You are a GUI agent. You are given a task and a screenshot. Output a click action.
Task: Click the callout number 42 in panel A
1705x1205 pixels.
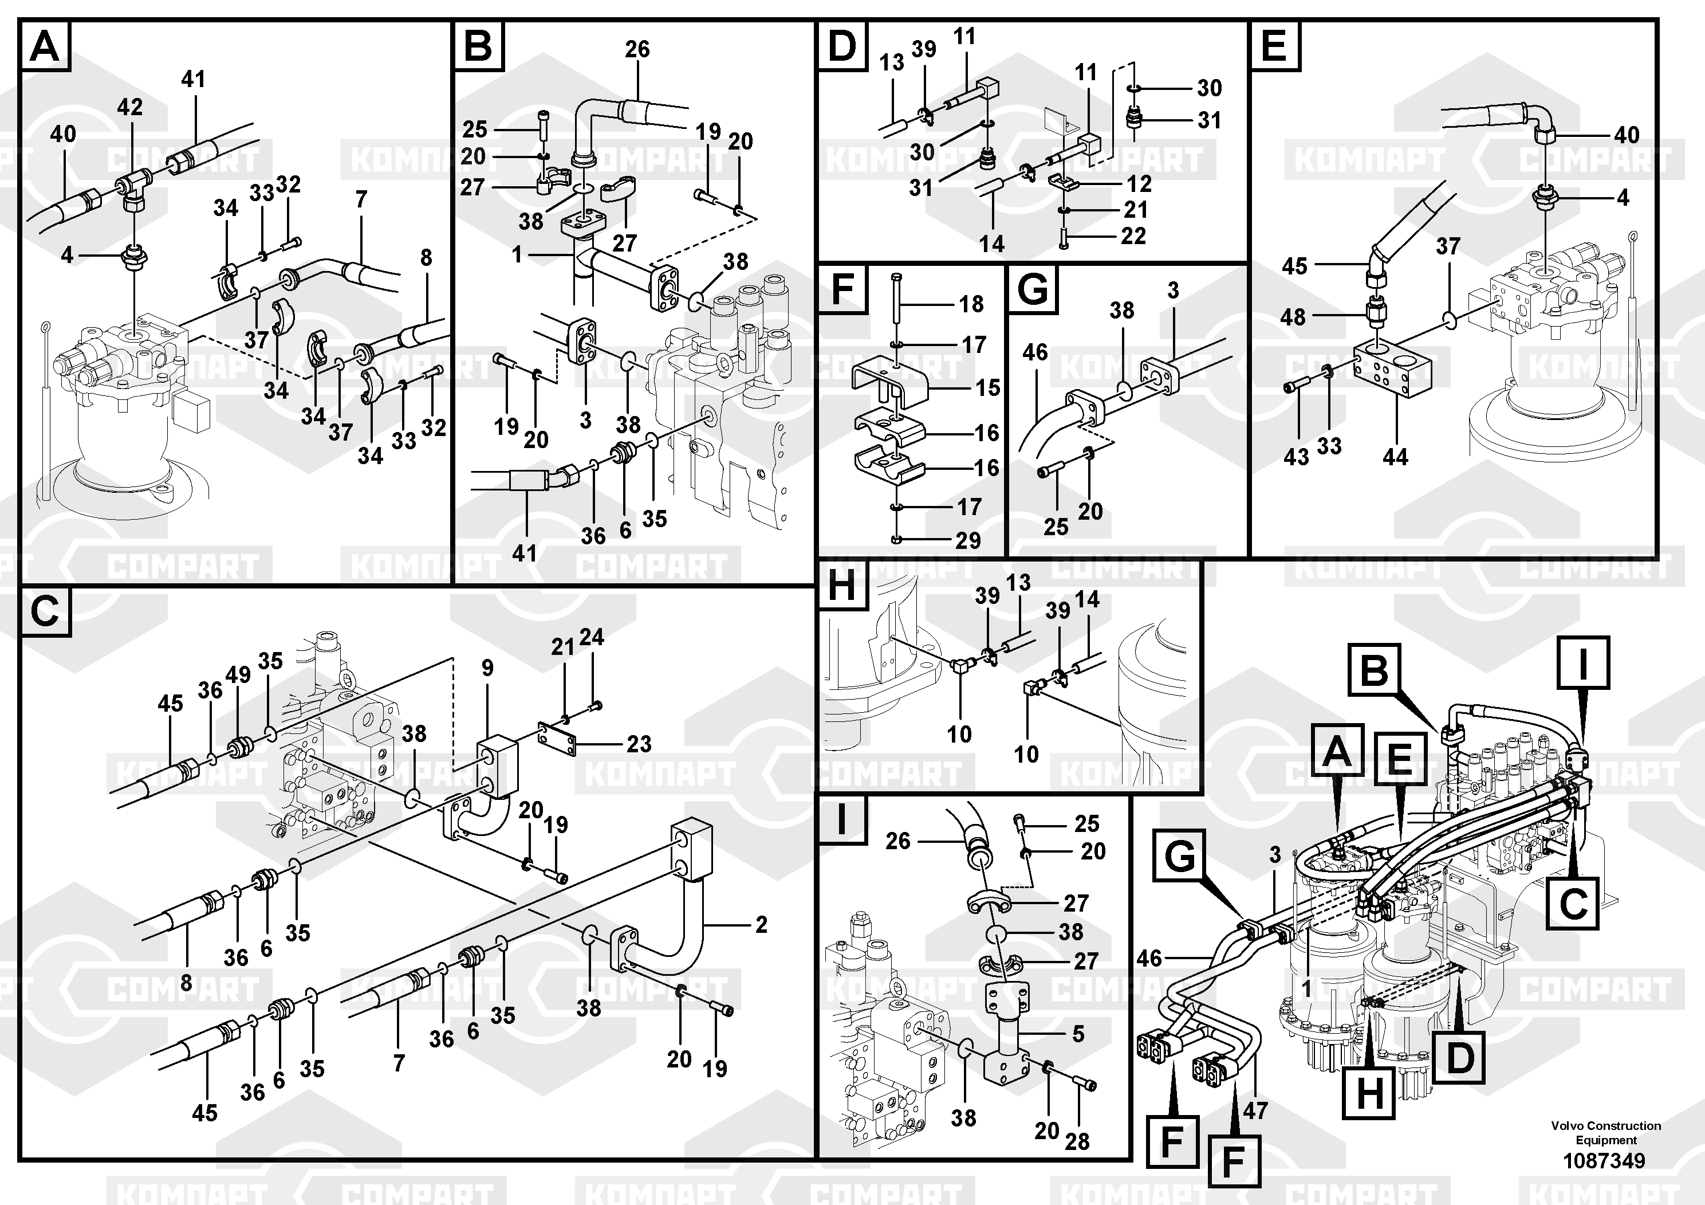pyautogui.click(x=129, y=107)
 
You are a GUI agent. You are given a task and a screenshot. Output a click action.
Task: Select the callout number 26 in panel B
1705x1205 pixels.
pyautogui.click(x=637, y=50)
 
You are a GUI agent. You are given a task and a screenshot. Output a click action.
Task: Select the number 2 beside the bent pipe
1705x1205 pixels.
pyautogui.click(x=761, y=924)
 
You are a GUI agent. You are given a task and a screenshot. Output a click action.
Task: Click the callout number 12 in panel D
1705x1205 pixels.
pyautogui.click(x=1139, y=183)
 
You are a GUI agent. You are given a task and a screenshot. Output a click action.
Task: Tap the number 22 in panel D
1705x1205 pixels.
pyautogui.click(x=1133, y=235)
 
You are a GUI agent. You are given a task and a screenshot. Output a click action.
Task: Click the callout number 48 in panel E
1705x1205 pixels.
pyautogui.click(x=1293, y=317)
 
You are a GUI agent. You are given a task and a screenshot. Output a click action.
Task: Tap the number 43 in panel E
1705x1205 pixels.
pyautogui.click(x=1296, y=456)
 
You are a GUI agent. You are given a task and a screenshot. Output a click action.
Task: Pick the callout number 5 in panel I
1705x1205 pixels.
pyautogui.click(x=1078, y=1033)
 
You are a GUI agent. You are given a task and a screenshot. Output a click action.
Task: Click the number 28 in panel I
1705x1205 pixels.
pyautogui.click(x=1077, y=1141)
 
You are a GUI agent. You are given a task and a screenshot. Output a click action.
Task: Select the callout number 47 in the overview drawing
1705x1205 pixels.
pyautogui.click(x=1256, y=1110)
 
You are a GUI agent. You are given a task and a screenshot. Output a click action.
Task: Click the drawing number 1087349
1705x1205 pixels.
pyautogui.click(x=1604, y=1160)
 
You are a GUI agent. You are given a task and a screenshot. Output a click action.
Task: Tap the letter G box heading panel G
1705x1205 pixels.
pyautogui.click(x=1032, y=288)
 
